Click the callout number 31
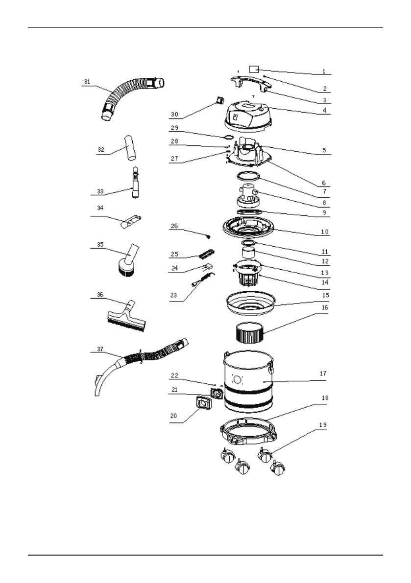[x=87, y=82]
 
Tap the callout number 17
[x=323, y=373]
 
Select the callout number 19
[x=323, y=425]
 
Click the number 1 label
[x=323, y=71]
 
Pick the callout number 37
[x=100, y=349]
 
